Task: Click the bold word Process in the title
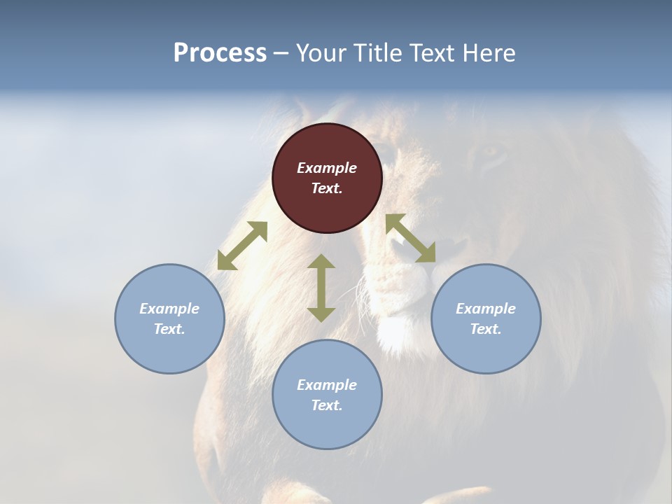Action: pyautogui.click(x=220, y=53)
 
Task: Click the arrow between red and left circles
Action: pyautogui.click(x=242, y=246)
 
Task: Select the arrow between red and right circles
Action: pyautogui.click(x=411, y=238)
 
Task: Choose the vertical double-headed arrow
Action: pyautogui.click(x=321, y=288)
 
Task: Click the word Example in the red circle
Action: pyautogui.click(x=327, y=168)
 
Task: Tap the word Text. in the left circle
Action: pyautogui.click(x=169, y=329)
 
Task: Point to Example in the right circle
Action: pyautogui.click(x=486, y=309)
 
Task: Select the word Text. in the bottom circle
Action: pyautogui.click(x=327, y=405)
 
